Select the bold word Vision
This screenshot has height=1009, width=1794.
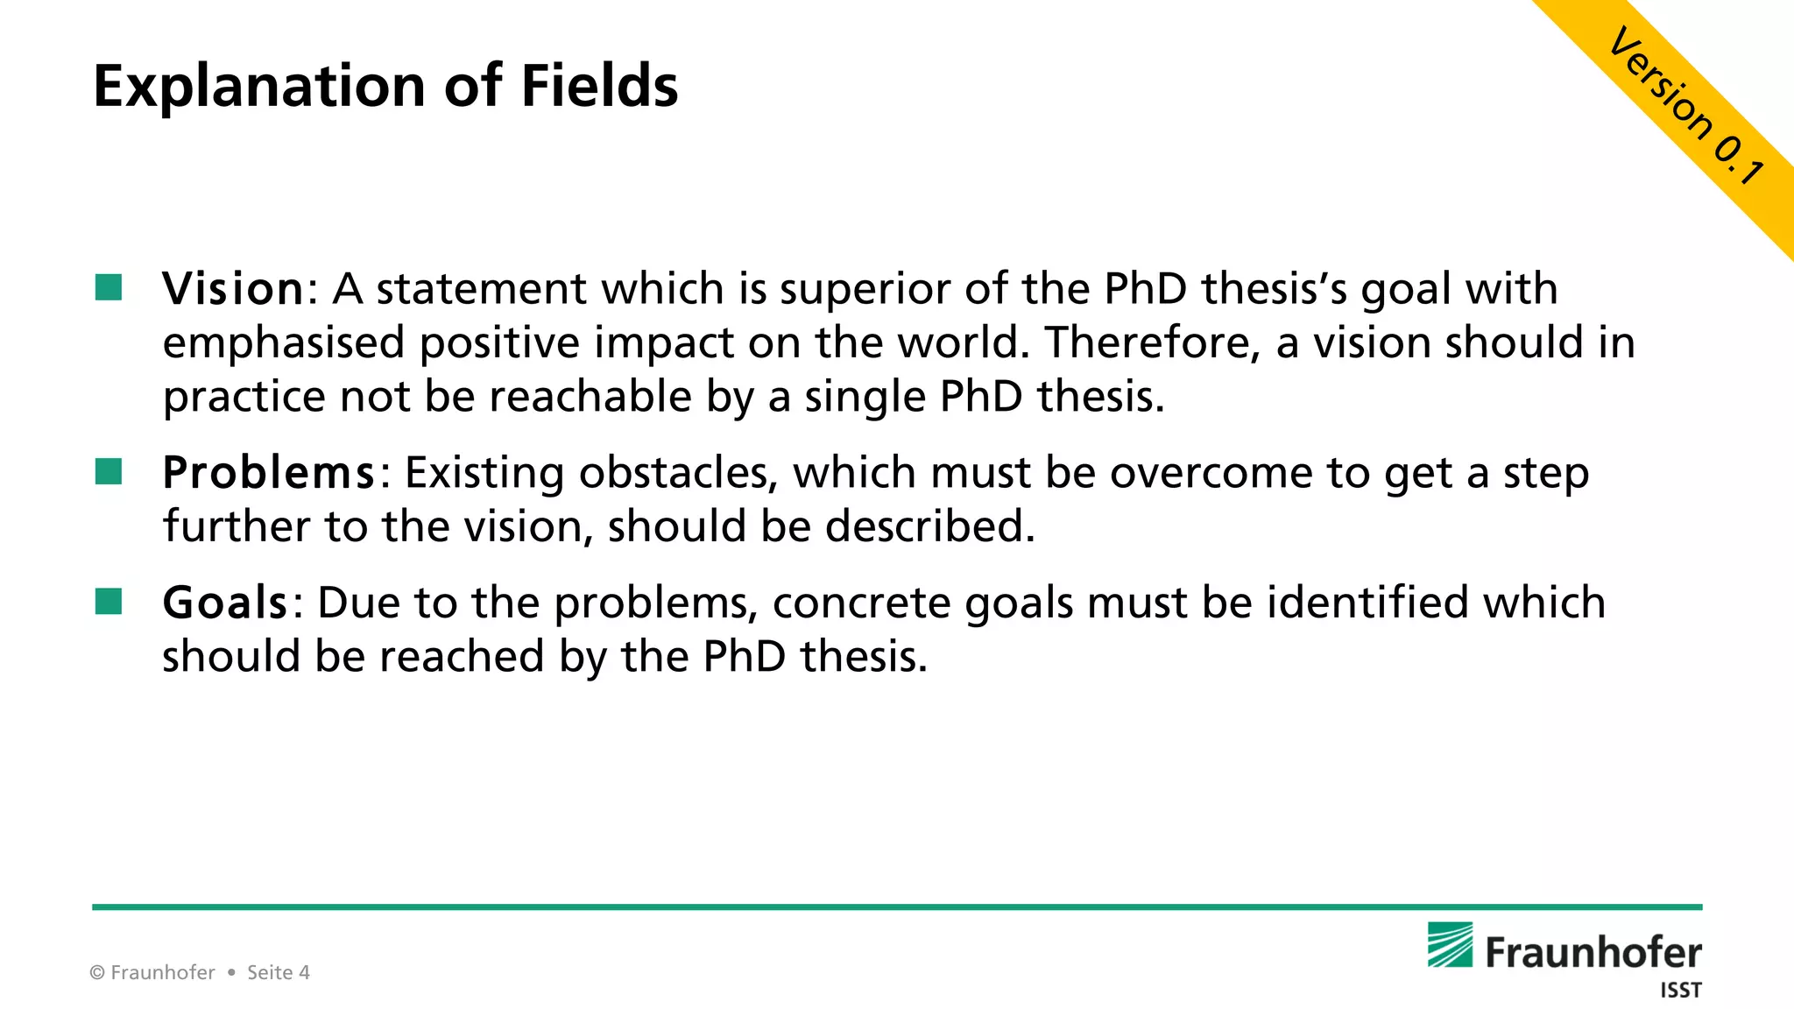point(233,288)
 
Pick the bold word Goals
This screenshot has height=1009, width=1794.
point(225,603)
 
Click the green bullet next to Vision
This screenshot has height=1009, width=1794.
point(109,287)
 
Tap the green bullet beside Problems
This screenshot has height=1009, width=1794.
point(109,472)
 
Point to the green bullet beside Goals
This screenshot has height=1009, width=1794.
point(109,602)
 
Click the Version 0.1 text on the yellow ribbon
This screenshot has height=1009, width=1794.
point(1687,106)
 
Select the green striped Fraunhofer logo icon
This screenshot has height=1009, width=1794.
point(1450,945)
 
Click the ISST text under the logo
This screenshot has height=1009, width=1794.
point(1680,991)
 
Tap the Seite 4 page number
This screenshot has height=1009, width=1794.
point(279,972)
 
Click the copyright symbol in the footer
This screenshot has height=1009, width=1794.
point(97,972)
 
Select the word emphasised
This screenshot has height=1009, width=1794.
point(284,343)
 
